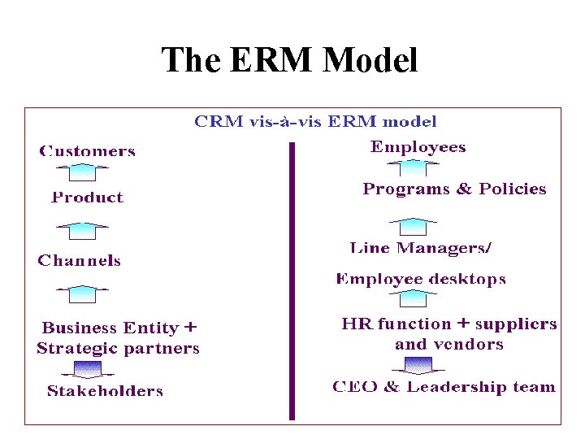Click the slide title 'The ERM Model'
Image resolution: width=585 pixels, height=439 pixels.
coord(289,60)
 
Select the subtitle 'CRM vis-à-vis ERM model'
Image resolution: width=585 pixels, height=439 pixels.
coord(315,122)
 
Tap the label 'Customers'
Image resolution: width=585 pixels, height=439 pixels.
coord(87,151)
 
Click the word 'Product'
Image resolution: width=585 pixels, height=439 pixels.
coord(87,198)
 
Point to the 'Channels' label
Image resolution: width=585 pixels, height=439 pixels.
coord(79,261)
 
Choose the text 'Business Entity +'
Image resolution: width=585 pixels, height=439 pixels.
coord(119,328)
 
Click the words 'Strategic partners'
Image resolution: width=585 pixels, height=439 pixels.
coord(118,349)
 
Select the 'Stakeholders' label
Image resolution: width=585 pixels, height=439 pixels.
coord(105,391)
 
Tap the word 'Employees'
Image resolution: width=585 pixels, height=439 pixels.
coord(418,147)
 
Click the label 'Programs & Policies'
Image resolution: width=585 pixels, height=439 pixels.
coord(454,189)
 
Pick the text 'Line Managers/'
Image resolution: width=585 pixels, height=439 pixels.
coord(421,248)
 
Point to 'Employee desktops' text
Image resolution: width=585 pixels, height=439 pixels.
coord(421,280)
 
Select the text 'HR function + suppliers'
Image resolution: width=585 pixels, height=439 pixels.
coord(449,324)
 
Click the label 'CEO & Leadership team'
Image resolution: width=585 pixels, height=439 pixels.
coord(444,387)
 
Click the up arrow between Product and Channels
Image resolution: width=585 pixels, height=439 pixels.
coord(81,230)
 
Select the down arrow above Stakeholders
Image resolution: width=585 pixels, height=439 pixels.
coord(89,370)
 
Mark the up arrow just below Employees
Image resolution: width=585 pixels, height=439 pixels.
coord(414,167)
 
